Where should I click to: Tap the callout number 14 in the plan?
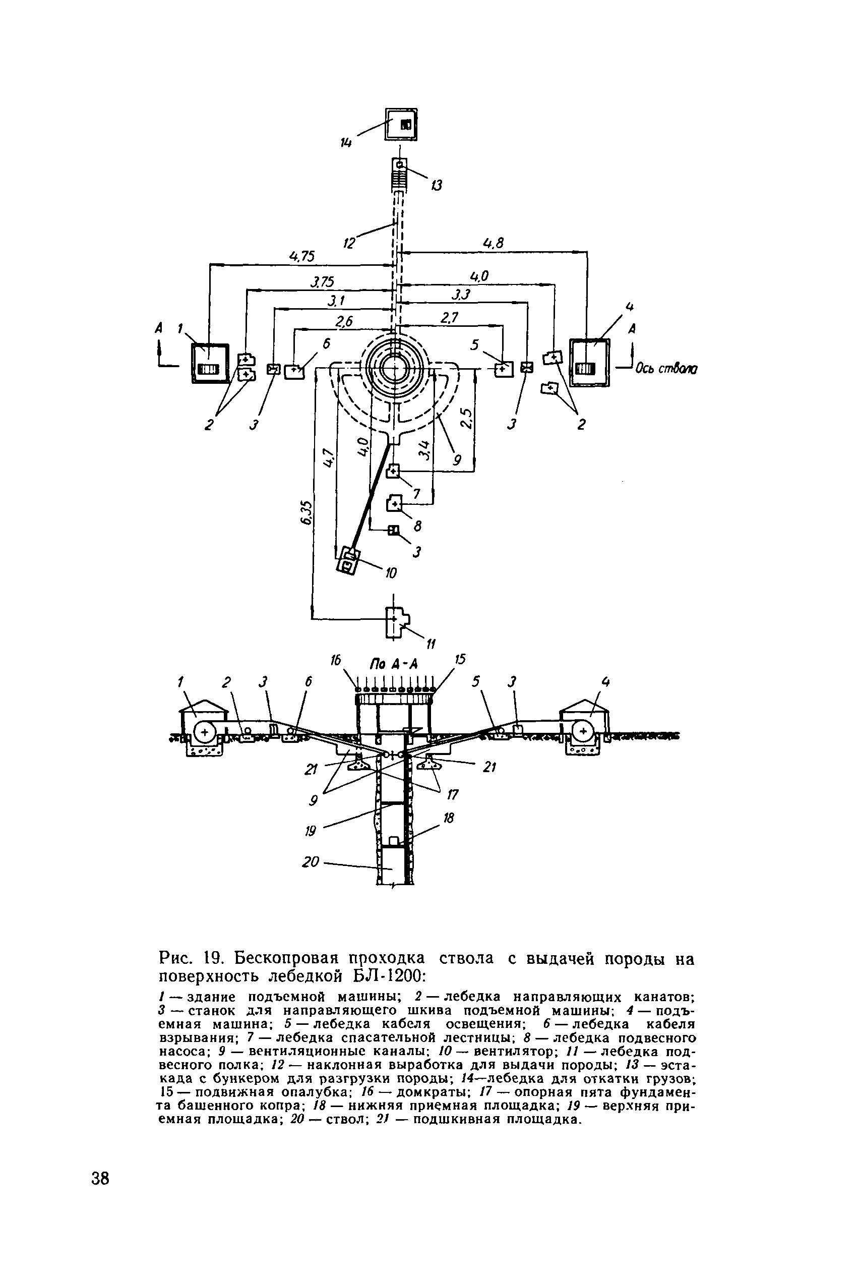click(x=346, y=143)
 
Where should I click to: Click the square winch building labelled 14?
click(x=401, y=124)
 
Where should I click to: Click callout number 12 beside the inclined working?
click(x=349, y=242)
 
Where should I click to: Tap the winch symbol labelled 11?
click(x=396, y=622)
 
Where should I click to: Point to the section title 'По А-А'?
click(x=394, y=664)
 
